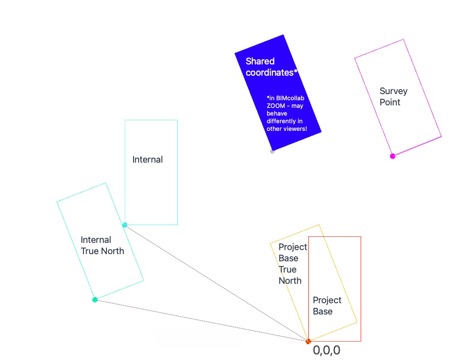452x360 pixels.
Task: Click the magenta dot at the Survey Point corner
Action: (x=393, y=156)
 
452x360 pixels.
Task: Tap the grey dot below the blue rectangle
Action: (x=272, y=151)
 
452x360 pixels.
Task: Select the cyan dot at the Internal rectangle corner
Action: (x=124, y=225)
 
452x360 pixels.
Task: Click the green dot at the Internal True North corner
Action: (x=95, y=300)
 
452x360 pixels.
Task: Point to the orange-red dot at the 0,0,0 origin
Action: (x=308, y=341)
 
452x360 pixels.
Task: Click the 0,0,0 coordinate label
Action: (x=327, y=350)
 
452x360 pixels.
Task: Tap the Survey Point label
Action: (x=393, y=97)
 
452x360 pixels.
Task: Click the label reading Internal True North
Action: (x=102, y=245)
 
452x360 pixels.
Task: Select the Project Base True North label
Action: (x=293, y=263)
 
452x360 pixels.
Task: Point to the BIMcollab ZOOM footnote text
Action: (x=286, y=113)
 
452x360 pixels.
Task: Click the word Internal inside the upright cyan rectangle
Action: (x=147, y=160)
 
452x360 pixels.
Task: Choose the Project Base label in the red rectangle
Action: (x=327, y=306)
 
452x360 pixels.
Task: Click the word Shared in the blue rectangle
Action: (x=260, y=61)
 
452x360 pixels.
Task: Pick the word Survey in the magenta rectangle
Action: (x=393, y=91)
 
